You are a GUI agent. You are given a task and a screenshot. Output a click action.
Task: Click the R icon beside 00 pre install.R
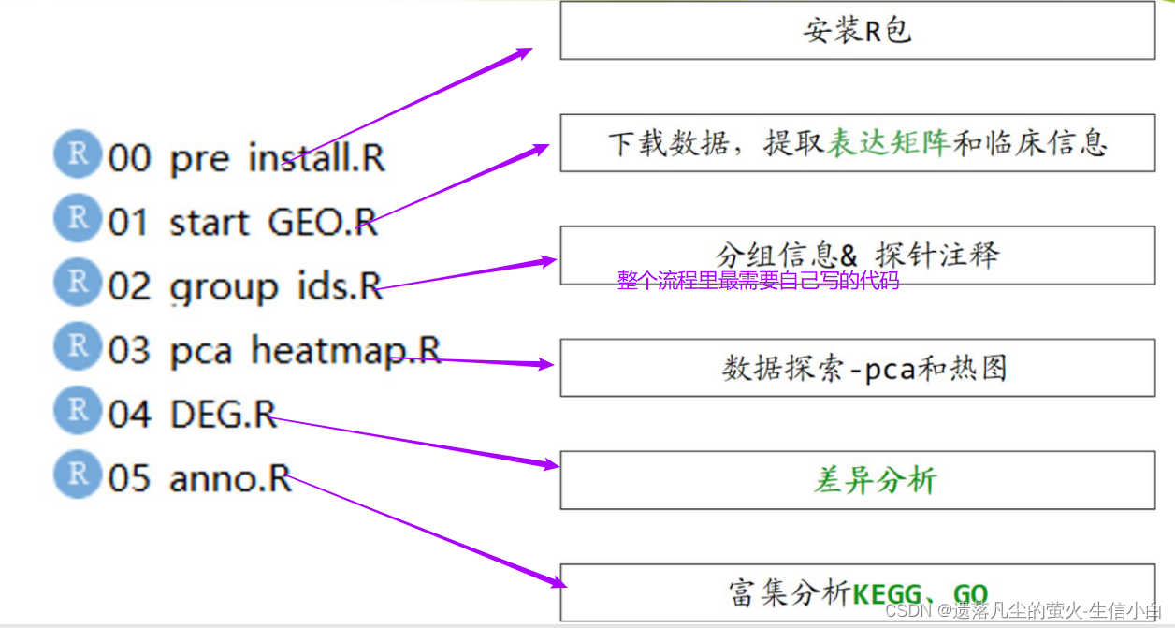pyautogui.click(x=78, y=155)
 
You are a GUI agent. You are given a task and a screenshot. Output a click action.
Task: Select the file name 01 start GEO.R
pyautogui.click(x=242, y=223)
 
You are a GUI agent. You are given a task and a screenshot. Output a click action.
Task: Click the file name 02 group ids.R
pyautogui.click(x=245, y=286)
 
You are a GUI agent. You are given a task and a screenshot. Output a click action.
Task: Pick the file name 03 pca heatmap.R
pyautogui.click(x=274, y=350)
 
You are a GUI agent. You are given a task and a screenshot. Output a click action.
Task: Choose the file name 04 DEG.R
pyautogui.click(x=192, y=414)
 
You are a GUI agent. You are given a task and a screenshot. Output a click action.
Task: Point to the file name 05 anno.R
pyautogui.click(x=199, y=477)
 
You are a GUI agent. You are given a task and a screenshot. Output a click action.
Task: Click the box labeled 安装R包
pyautogui.click(x=857, y=31)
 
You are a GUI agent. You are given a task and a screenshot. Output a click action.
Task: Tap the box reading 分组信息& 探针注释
pyautogui.click(x=857, y=254)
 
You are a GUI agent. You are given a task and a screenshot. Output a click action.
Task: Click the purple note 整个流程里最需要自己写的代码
pyautogui.click(x=758, y=281)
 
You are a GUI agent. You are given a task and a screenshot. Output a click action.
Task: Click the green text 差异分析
pyautogui.click(x=875, y=480)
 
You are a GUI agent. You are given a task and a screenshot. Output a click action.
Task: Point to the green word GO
pyautogui.click(x=970, y=593)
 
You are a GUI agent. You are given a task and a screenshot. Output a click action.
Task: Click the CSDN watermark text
pyautogui.click(x=1023, y=611)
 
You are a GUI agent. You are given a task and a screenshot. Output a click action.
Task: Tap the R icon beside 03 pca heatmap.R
pyautogui.click(x=78, y=347)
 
